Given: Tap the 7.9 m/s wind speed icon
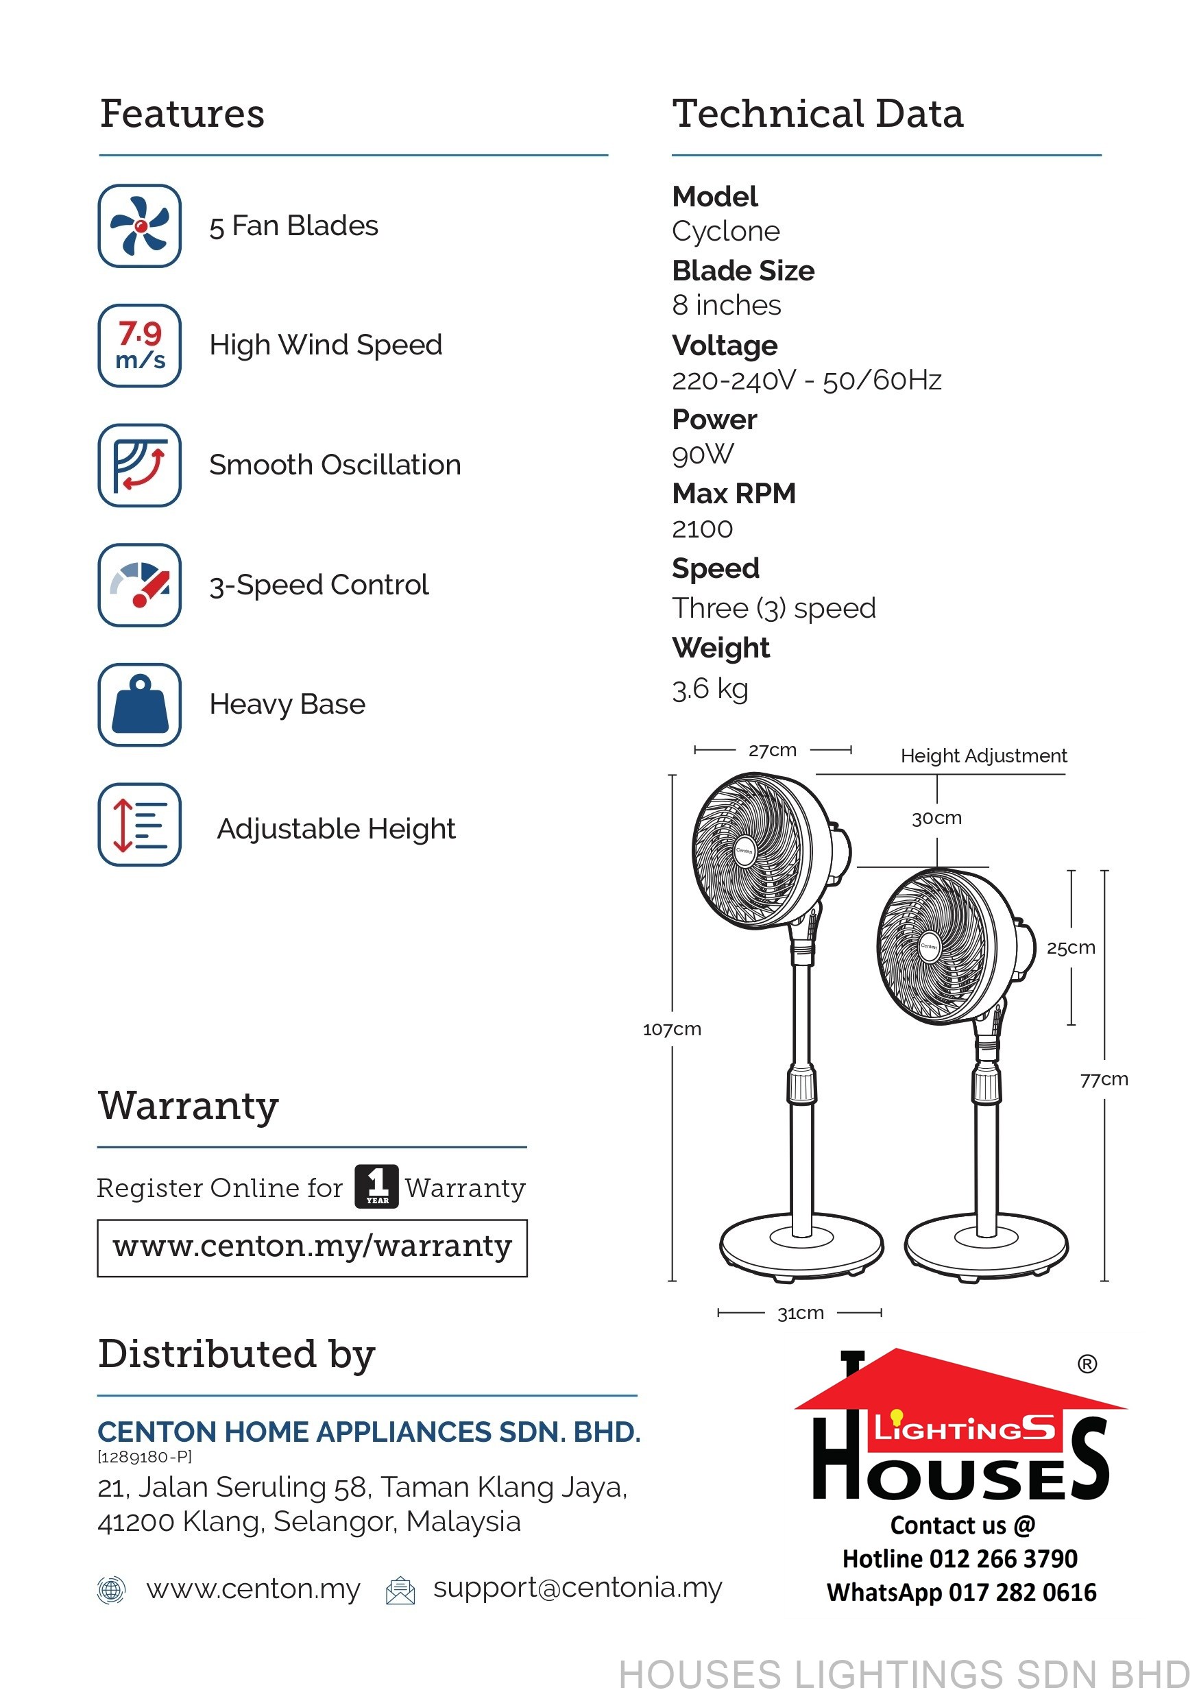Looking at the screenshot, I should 139,346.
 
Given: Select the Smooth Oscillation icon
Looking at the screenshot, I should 139,466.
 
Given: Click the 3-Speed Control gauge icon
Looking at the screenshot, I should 139,585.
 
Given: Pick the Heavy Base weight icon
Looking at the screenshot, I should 139,705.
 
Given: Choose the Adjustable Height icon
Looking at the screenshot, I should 139,825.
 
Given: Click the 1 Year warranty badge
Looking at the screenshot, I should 376,1186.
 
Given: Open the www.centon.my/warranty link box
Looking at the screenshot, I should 312,1248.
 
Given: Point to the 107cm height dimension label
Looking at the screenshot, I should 672,1029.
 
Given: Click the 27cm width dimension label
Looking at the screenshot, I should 773,751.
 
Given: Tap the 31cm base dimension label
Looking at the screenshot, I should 801,1314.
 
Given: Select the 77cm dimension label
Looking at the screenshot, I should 1104,1079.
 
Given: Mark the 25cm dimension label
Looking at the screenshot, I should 1071,948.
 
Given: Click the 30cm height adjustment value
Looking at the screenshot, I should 937,818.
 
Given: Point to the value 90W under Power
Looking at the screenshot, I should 703,454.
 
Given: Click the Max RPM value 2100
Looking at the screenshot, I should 702,529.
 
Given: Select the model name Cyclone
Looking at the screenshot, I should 726,231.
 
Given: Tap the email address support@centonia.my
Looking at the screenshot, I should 578,1588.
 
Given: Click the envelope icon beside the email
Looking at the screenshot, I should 400,1590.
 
